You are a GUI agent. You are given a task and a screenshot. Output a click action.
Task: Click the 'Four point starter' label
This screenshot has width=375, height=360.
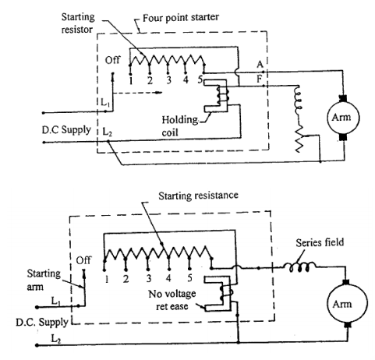(181, 18)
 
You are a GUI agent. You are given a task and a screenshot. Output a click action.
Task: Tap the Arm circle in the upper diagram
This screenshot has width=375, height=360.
(343, 118)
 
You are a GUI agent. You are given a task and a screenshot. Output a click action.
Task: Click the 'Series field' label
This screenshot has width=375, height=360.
(320, 242)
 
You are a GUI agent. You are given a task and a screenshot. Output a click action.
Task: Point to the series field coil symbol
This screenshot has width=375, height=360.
(300, 267)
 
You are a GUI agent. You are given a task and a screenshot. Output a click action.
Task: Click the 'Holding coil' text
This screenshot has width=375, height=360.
(179, 126)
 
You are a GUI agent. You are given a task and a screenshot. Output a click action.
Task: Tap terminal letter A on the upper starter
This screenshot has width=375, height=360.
(260, 64)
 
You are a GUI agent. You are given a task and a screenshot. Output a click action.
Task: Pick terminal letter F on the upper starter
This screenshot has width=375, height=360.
(259, 79)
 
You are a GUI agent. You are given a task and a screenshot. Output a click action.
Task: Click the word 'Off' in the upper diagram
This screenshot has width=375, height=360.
(112, 60)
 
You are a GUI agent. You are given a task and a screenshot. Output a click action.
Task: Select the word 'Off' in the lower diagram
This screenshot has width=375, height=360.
(83, 260)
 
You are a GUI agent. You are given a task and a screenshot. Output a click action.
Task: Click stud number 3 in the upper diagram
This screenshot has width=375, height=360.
(169, 80)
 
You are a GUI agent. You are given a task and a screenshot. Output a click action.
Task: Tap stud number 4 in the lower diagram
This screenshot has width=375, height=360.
(168, 278)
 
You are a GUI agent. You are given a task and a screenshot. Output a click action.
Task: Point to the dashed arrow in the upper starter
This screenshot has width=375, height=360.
(138, 93)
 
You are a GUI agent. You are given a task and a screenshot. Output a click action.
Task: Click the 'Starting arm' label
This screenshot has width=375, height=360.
(44, 280)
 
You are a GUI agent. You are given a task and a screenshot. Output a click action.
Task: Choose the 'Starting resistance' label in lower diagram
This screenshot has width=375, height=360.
(198, 196)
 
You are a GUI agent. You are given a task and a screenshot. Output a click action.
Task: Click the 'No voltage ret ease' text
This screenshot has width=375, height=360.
(172, 300)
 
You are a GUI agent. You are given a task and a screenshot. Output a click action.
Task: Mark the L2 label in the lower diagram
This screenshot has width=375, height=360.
(56, 339)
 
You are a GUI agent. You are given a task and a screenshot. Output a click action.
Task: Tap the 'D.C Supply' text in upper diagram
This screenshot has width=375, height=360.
(66, 130)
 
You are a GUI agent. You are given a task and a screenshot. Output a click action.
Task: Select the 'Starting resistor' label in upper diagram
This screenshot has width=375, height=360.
(78, 23)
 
